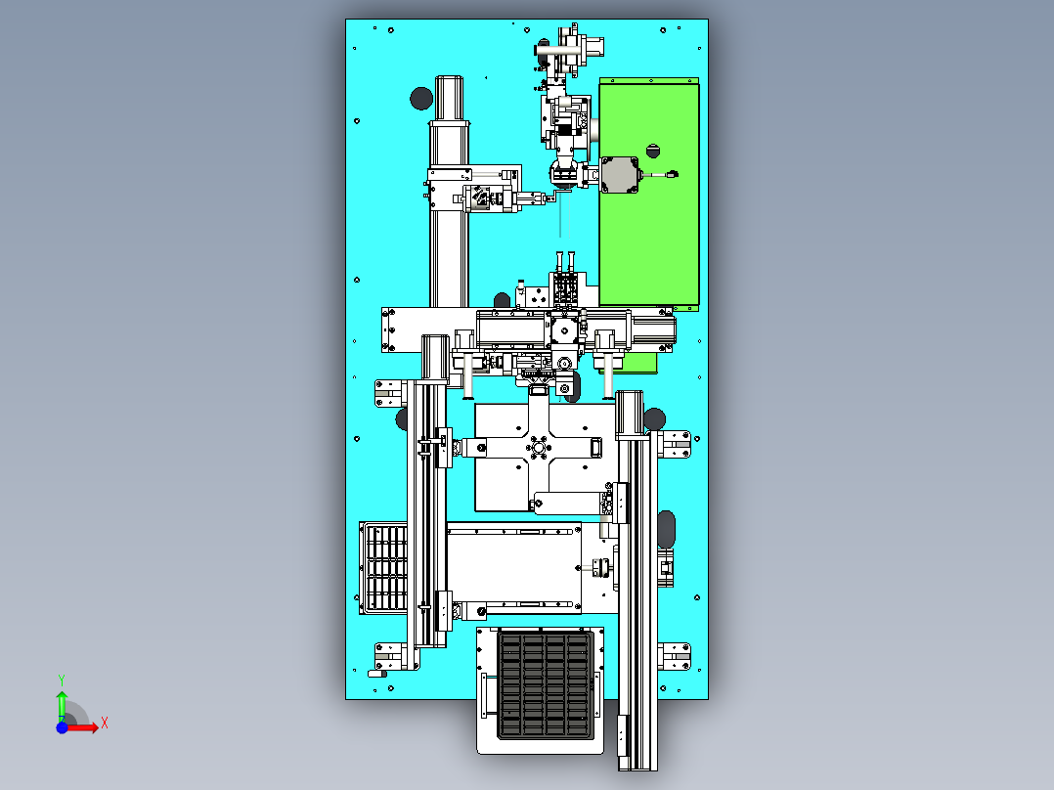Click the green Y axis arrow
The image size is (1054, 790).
[x=62, y=701]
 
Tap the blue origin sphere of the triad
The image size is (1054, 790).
[x=62, y=727]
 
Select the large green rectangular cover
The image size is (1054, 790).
[x=649, y=235]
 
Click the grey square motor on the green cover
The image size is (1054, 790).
[x=618, y=175]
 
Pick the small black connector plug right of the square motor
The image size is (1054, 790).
[x=671, y=175]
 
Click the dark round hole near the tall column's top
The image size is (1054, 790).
[x=420, y=98]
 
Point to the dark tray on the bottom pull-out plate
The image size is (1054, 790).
[x=546, y=685]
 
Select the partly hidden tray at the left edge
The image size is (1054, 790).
[x=383, y=567]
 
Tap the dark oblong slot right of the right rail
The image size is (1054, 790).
[x=668, y=529]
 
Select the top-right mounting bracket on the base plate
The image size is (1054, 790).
[x=678, y=446]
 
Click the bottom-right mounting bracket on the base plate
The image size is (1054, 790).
[x=677, y=655]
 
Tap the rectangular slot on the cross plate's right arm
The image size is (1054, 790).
[x=595, y=448]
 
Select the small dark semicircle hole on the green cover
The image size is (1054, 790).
[x=652, y=151]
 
